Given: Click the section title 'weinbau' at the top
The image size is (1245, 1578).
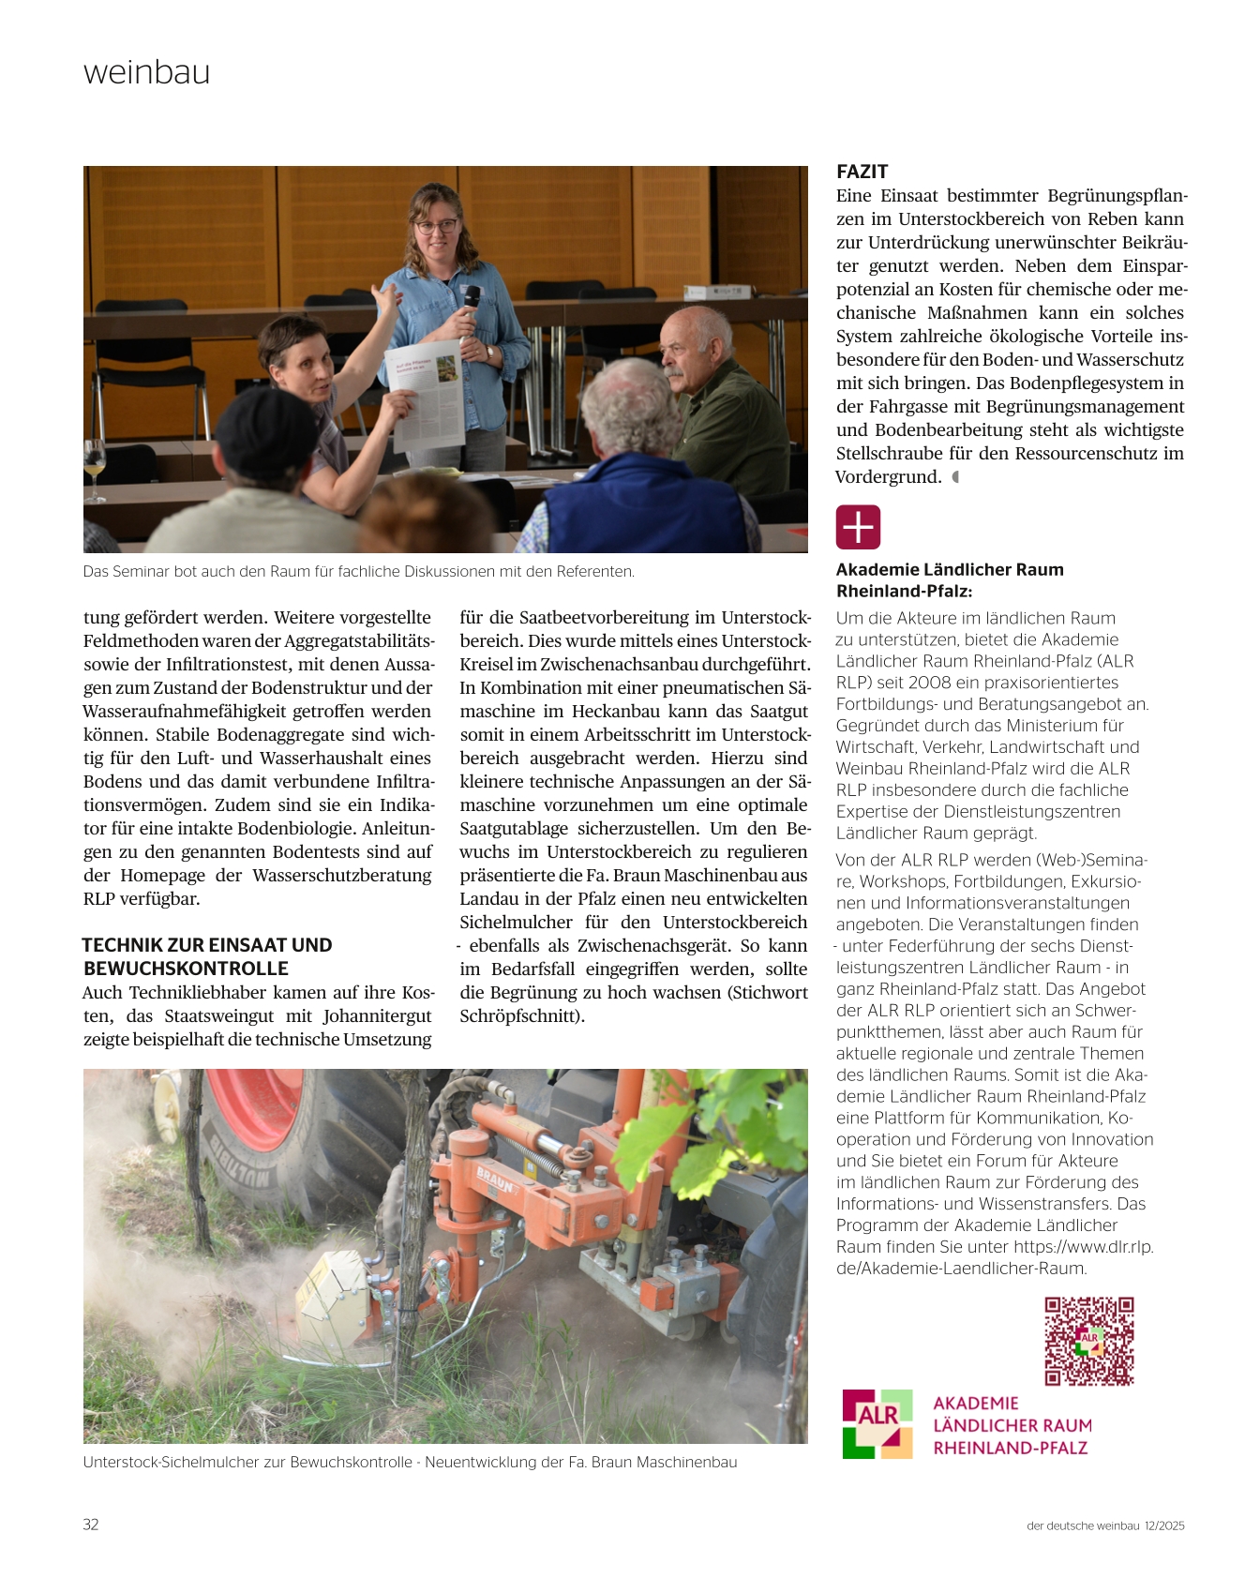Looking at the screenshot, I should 146,72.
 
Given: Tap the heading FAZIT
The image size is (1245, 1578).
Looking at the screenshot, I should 862,172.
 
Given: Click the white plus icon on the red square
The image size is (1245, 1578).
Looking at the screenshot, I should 858,527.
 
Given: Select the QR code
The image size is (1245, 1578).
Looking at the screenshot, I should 1089,1341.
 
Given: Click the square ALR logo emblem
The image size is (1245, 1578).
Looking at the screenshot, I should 877,1423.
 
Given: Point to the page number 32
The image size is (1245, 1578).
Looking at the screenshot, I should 91,1525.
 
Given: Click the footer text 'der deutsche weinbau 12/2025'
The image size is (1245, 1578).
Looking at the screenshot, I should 1105,1525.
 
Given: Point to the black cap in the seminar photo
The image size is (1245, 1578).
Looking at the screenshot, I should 266,431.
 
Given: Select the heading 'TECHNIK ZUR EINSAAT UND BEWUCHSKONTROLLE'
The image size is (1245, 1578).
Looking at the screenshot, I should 206,956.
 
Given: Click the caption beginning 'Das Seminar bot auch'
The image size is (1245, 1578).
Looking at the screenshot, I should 358,571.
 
